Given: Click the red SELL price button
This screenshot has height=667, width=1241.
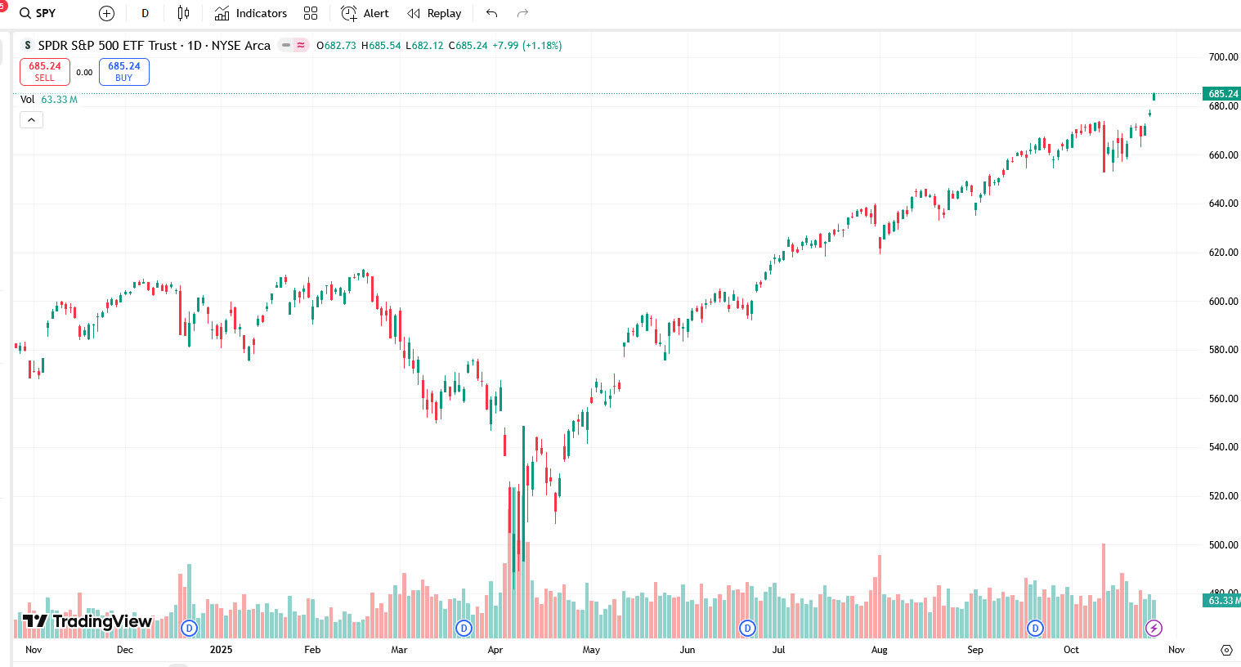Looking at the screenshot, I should click(x=45, y=72).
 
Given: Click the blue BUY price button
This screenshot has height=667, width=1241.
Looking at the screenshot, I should click(x=124, y=72).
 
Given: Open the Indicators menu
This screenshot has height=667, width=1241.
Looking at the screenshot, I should click(x=251, y=13).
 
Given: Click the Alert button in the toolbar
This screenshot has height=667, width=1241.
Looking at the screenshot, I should click(x=365, y=13).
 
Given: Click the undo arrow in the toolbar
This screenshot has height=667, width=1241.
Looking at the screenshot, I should click(x=491, y=13).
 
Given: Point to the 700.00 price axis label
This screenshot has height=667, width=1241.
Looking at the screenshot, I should click(x=1223, y=57).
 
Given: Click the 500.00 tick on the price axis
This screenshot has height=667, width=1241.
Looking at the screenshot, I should click(x=1223, y=545).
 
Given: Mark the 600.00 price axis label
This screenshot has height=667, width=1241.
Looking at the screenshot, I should click(x=1223, y=302).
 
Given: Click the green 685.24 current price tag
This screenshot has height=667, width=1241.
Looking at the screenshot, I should click(x=1222, y=94).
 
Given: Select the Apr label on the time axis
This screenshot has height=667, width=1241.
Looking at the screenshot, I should click(x=495, y=650).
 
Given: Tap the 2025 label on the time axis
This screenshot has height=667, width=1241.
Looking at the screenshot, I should click(x=221, y=650).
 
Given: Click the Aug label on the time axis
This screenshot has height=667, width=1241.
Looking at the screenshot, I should click(x=879, y=650).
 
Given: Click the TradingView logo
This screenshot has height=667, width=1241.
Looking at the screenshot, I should click(x=87, y=621).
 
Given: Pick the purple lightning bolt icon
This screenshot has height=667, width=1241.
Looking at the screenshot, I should click(x=1154, y=628).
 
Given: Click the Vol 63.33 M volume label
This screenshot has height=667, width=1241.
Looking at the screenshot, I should click(x=49, y=100).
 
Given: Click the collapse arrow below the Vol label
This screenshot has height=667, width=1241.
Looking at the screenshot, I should click(x=31, y=120).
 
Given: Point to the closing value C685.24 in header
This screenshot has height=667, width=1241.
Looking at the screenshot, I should click(x=468, y=46).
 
